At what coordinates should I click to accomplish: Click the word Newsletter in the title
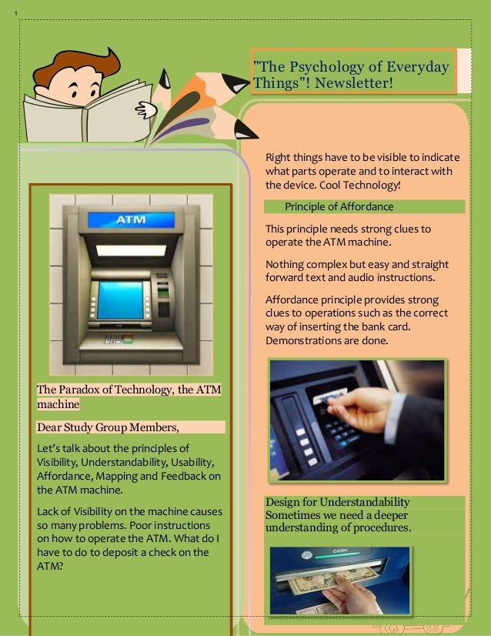[352, 82]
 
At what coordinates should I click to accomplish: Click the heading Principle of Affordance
[339, 206]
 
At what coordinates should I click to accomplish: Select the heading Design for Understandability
[337, 502]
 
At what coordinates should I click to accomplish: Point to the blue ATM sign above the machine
[131, 220]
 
